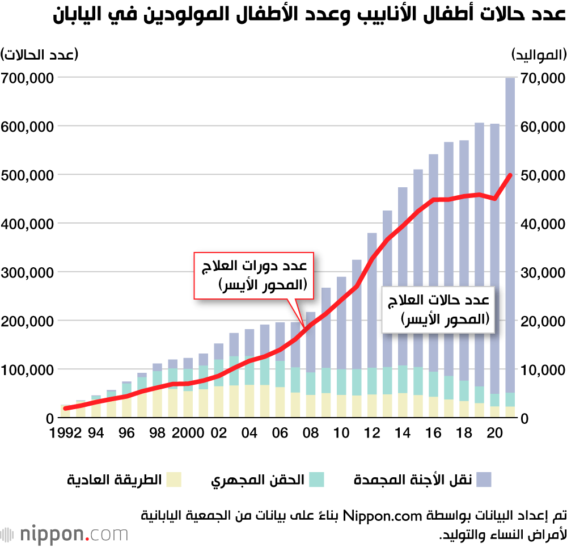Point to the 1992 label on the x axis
[66, 433]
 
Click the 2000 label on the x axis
[188, 433]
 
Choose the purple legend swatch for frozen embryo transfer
[484, 479]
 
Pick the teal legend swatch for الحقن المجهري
[316, 479]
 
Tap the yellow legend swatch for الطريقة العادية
[173, 479]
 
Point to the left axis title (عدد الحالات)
[40, 54]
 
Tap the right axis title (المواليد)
[539, 54]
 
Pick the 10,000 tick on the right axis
[541, 370]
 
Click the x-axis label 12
[372, 433]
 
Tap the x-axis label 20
[494, 433]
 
